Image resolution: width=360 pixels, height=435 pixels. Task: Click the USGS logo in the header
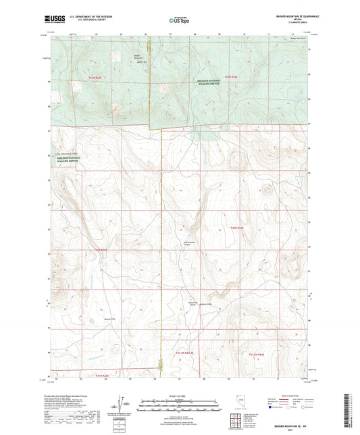tap(56, 18)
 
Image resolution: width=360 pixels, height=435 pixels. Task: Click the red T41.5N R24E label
tap(261, 353)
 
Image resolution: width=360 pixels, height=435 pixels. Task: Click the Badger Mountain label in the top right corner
tap(297, 39)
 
